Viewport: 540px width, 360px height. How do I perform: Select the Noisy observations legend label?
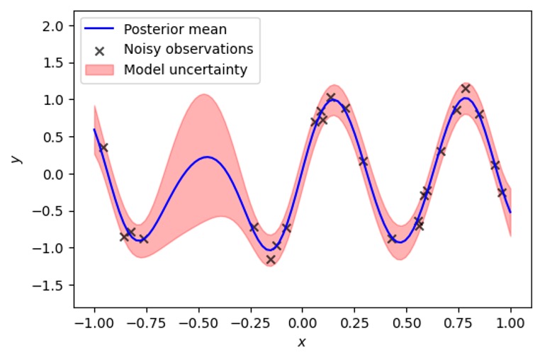click(188, 50)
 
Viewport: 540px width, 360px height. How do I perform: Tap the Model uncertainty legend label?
click(185, 69)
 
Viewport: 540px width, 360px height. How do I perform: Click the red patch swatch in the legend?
click(100, 69)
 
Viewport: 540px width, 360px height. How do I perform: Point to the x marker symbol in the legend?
click(100, 50)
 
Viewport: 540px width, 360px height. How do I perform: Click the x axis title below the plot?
click(302, 342)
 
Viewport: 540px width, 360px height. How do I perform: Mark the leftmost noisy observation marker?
click(103, 147)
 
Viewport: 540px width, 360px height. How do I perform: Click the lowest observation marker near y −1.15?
click(270, 259)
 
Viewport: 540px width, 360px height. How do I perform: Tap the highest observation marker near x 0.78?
click(466, 89)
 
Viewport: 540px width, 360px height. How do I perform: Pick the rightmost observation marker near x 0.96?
click(502, 192)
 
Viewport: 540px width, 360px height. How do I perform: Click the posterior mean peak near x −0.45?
click(206, 157)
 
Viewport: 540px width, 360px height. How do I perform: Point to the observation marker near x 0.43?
click(391, 238)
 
